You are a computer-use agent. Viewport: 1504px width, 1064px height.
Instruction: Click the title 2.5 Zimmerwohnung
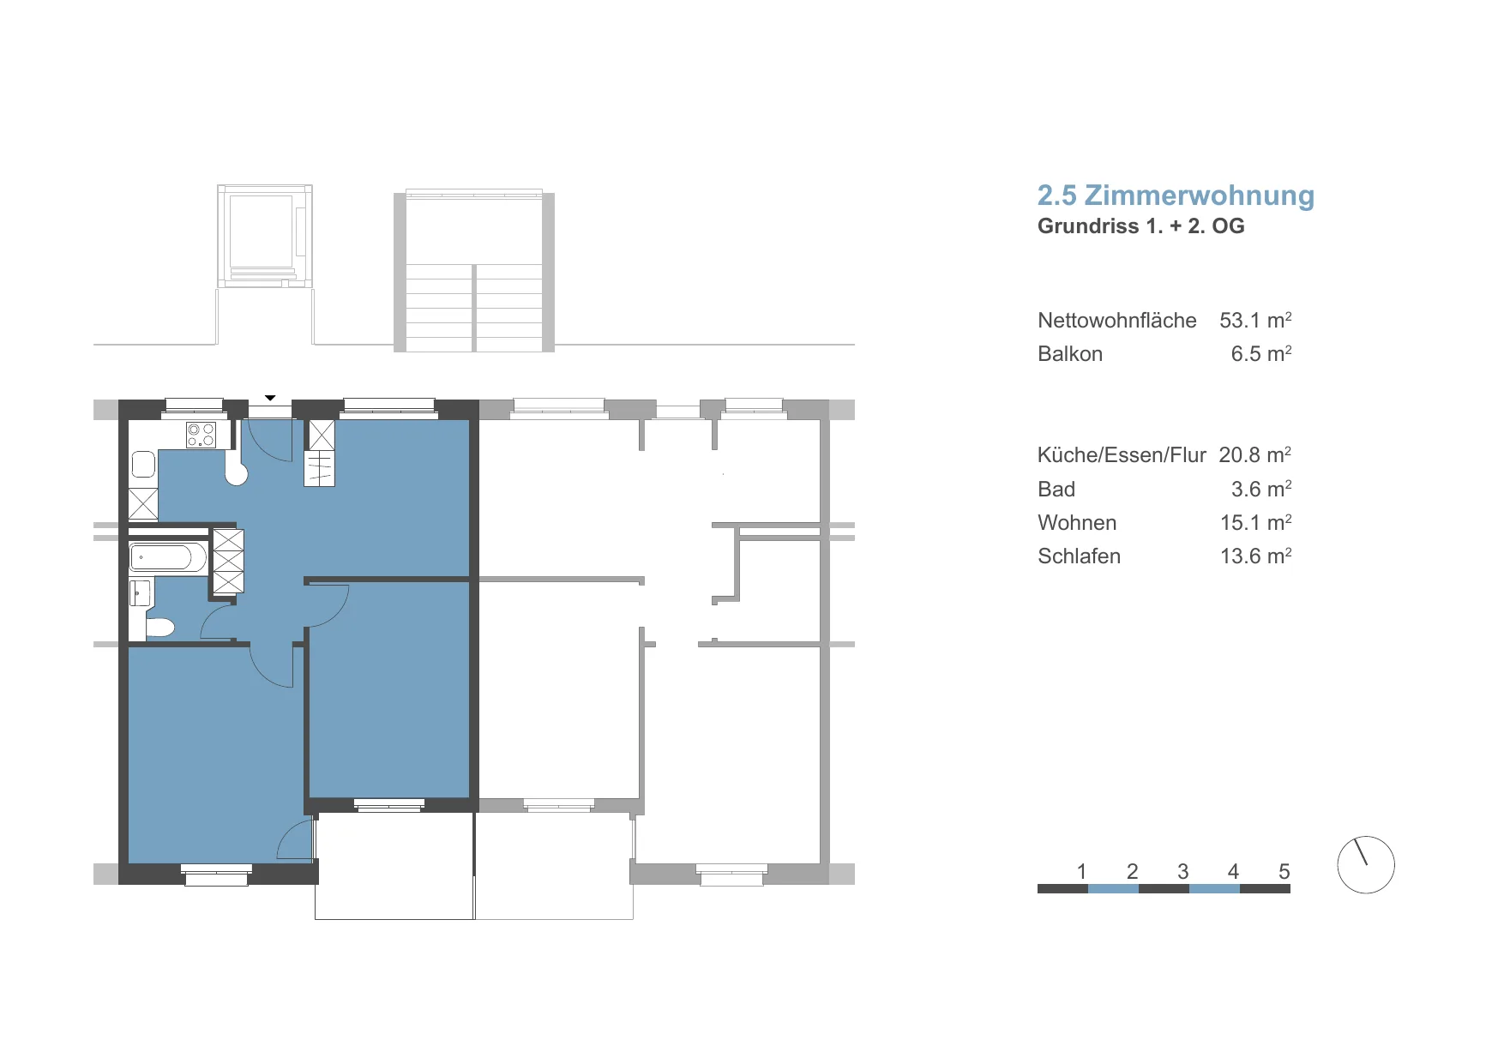point(1176,196)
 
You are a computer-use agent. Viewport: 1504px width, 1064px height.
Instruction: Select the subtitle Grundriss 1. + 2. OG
point(1140,226)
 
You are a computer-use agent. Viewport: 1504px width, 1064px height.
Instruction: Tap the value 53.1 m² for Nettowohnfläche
point(1255,320)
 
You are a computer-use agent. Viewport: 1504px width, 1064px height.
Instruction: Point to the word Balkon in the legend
point(1070,354)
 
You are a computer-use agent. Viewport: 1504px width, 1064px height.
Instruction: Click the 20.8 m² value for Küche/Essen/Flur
point(1255,454)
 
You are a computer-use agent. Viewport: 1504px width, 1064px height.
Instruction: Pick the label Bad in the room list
point(1056,490)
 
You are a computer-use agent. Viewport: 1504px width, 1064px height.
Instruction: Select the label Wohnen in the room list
point(1077,523)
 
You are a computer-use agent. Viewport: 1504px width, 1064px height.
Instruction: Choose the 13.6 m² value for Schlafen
point(1255,556)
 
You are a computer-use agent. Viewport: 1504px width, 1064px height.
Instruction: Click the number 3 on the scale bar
point(1182,872)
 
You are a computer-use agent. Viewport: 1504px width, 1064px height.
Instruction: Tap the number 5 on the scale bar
point(1284,872)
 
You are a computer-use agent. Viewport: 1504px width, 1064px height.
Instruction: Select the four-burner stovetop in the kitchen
point(202,435)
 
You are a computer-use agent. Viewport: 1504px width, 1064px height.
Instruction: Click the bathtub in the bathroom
point(168,557)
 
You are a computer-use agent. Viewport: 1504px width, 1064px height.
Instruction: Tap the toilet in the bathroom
point(160,628)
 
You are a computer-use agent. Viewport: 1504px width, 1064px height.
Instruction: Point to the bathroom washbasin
point(140,592)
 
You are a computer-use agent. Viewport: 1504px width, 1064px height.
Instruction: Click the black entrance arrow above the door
point(270,398)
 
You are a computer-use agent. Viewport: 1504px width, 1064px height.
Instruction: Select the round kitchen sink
point(237,473)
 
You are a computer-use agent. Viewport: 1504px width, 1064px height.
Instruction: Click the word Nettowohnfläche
point(1116,321)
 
